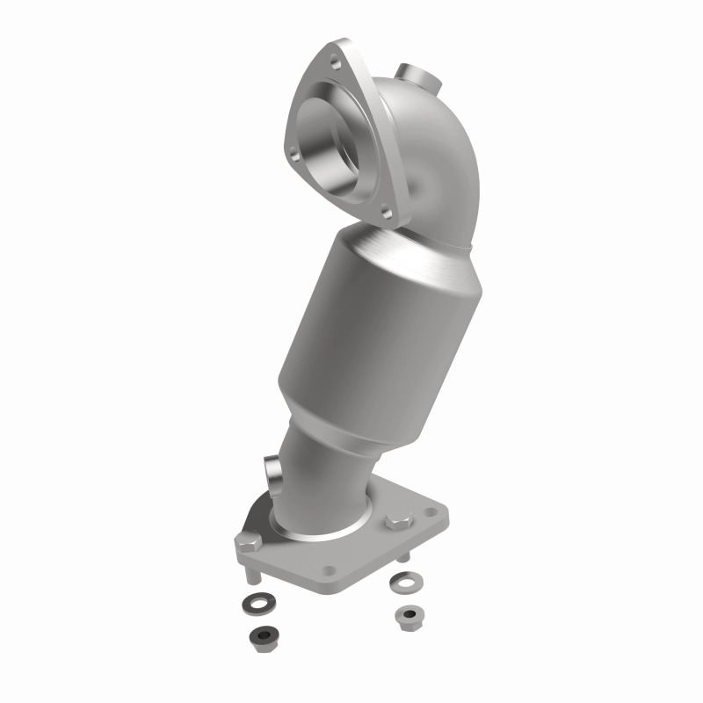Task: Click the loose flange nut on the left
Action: coord(262,636)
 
